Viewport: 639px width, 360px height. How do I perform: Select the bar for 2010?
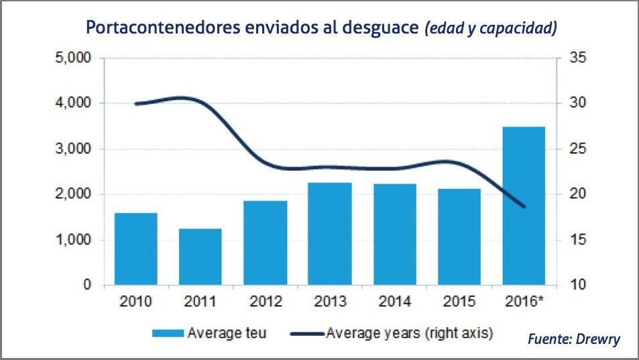pyautogui.click(x=135, y=249)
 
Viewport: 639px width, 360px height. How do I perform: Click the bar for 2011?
pyautogui.click(x=200, y=257)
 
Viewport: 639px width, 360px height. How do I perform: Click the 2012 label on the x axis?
pyautogui.click(x=265, y=301)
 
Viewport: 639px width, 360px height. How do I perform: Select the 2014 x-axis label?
pyautogui.click(x=394, y=301)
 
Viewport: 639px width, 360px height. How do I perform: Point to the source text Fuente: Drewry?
pyautogui.click(x=573, y=339)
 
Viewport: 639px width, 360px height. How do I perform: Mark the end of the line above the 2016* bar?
pyautogui.click(x=524, y=206)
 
